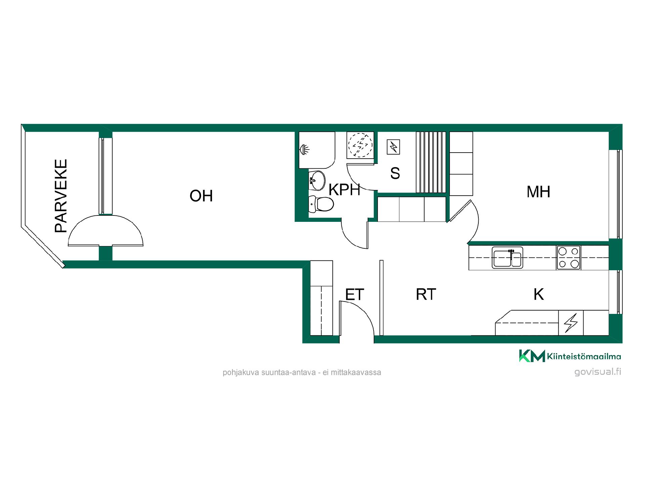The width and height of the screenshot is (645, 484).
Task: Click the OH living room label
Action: (201, 196)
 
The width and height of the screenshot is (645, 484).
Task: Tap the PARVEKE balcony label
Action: (61, 196)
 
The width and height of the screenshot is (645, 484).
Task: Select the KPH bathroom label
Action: (344, 190)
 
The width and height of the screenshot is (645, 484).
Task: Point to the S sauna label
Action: (395, 173)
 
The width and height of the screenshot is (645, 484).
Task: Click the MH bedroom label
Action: (539, 192)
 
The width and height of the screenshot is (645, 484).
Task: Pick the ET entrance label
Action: (355, 295)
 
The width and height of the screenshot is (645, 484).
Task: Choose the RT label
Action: (426, 294)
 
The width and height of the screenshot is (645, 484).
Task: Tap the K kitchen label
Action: (539, 294)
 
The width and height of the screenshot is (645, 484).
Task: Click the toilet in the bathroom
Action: (321, 204)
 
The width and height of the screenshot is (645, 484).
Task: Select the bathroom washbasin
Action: (317, 180)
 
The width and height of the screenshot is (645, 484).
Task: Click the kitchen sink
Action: (507, 258)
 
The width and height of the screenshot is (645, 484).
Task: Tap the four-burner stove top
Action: (568, 258)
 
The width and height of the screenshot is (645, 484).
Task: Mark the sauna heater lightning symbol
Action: (393, 147)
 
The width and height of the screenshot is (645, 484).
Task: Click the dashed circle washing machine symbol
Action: (360, 145)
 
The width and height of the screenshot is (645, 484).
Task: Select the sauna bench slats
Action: (431, 162)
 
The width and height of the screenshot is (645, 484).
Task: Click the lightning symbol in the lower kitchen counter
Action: (571, 323)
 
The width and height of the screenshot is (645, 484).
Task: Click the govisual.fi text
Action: (598, 372)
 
